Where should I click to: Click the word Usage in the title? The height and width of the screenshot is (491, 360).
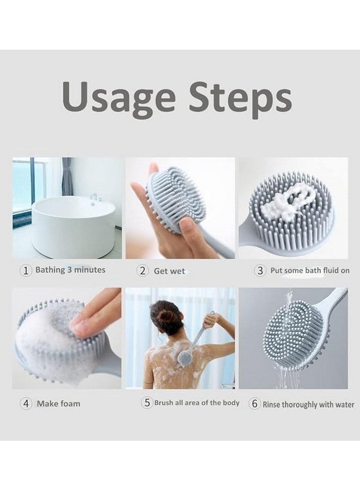pyautogui.click(x=119, y=98)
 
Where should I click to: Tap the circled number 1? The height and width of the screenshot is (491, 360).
pyautogui.click(x=26, y=270)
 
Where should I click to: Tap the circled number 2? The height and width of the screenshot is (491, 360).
pyautogui.click(x=142, y=271)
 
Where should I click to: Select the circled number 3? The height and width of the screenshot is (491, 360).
pyautogui.click(x=260, y=270)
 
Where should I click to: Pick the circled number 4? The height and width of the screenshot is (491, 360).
pyautogui.click(x=26, y=404)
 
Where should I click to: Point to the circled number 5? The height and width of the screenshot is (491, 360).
pyautogui.click(x=147, y=403)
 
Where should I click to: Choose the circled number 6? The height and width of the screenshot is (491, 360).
pyautogui.click(x=254, y=404)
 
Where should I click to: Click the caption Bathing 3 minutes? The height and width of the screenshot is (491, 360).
pyautogui.click(x=70, y=270)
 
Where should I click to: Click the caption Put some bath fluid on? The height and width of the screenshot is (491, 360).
pyautogui.click(x=310, y=271)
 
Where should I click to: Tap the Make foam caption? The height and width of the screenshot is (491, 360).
pyautogui.click(x=58, y=404)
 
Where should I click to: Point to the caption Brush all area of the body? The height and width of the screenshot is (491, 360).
pyautogui.click(x=196, y=403)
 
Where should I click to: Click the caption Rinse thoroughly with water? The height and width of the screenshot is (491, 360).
pyautogui.click(x=308, y=405)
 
